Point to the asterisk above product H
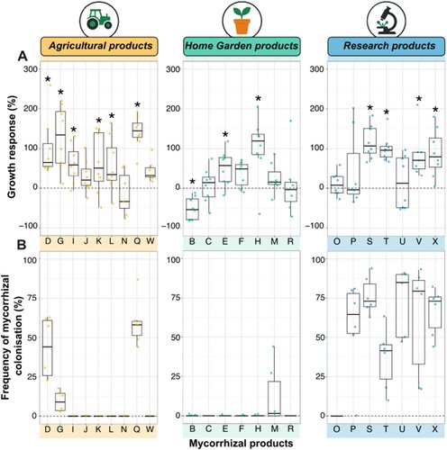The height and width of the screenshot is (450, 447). pyautogui.click(x=258, y=99)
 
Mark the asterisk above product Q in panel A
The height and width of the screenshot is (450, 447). pyautogui.click(x=137, y=104)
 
